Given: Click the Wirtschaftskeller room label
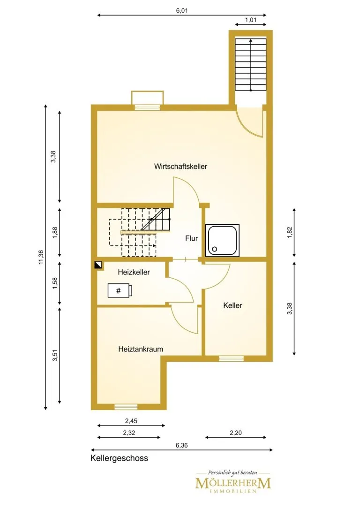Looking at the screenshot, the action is [180, 167].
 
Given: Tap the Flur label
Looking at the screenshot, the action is [191, 238].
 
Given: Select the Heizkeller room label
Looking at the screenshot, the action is [134, 272].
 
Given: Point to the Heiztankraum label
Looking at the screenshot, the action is [141, 350].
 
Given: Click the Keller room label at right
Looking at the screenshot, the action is [232, 305].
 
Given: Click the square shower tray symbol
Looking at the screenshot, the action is [222, 240].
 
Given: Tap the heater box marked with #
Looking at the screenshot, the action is [120, 290].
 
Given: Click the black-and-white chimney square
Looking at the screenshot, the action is [98, 265].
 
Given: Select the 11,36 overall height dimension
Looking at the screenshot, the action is [41, 257].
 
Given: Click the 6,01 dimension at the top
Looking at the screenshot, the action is [182, 10].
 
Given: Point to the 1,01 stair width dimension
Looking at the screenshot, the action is [250, 20].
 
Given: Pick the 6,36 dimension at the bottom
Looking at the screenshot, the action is [181, 445].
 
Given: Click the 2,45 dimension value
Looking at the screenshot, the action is [131, 421].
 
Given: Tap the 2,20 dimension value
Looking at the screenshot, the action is [236, 433].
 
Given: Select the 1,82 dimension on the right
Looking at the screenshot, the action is [290, 232].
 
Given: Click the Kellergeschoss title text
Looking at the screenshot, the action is [119, 458].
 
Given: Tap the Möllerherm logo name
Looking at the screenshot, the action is [233, 483].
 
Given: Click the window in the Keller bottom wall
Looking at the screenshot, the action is [231, 359].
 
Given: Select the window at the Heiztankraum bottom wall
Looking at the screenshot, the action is [126, 407].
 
